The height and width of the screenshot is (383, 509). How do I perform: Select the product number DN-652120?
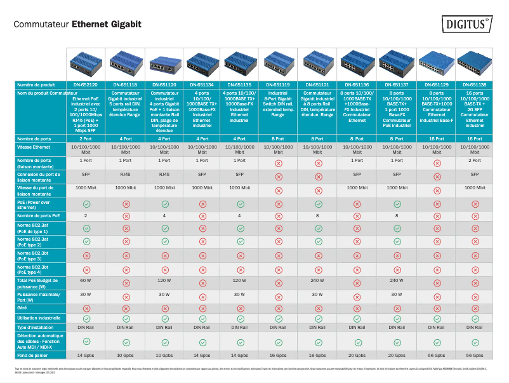(85, 84)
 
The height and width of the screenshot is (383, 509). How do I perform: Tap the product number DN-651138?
(475, 84)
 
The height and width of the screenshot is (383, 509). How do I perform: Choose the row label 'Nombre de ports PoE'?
(39, 216)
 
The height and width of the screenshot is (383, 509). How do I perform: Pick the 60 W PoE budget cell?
(85, 280)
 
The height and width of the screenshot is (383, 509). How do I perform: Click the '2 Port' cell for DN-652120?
(85, 138)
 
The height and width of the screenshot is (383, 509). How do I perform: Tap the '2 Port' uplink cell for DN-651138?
(475, 161)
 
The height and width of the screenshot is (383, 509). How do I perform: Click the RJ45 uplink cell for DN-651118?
(126, 174)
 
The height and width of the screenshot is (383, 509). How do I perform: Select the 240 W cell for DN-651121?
(319, 280)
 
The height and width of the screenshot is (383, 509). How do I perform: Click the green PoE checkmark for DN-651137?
(397, 204)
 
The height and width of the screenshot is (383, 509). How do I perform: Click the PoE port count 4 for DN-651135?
(241, 216)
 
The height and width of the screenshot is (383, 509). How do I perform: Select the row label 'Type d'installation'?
(40, 327)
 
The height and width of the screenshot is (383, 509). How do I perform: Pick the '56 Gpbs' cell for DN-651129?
(436, 355)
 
